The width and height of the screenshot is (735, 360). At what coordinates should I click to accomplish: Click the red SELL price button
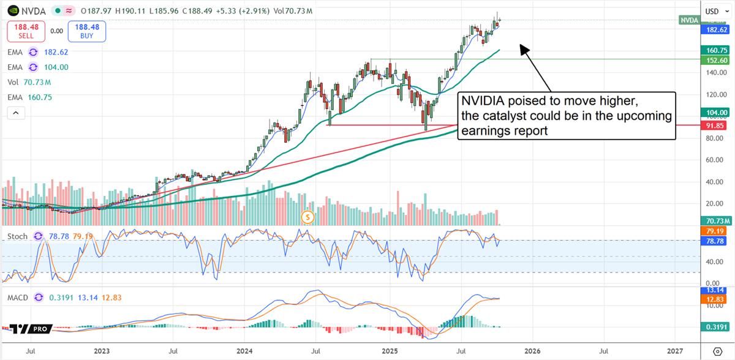pos(26,31)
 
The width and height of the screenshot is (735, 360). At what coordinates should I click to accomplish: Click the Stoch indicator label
pos(17,236)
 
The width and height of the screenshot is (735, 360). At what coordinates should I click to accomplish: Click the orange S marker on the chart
pos(308,217)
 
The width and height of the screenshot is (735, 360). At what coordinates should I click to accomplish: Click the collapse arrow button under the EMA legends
pos(16,113)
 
